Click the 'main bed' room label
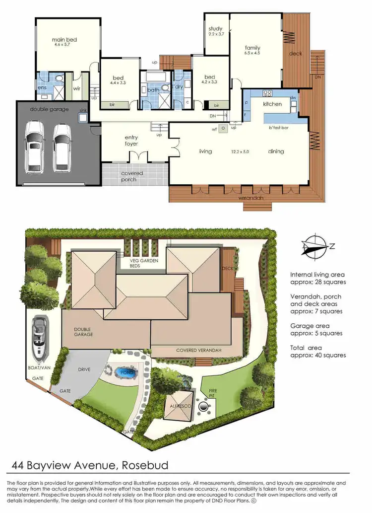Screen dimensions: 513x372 pos(65,40)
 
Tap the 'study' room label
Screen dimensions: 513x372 pos(215,29)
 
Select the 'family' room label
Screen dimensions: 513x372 pos(252,48)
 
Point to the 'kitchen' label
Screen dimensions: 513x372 pos(272,104)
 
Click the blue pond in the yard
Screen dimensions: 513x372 pos(123,372)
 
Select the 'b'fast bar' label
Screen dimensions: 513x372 pos(279,128)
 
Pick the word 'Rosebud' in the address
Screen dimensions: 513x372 pos(143,465)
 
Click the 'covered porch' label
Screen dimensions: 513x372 pos(132,176)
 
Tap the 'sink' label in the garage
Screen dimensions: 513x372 pos(83,111)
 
